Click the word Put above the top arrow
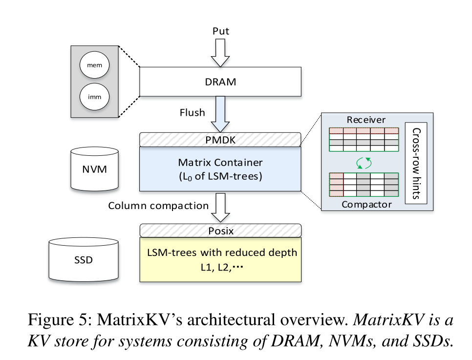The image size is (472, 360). tap(220, 31)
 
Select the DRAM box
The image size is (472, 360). tap(220, 82)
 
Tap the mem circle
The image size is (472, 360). tap(94, 65)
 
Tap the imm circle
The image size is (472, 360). tap(94, 97)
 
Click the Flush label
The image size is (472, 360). tap(193, 113)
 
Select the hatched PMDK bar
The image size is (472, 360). tap(220, 140)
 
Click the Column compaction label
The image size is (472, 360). tap(158, 206)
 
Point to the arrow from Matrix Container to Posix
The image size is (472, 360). tap(220, 207)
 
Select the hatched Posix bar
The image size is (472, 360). tap(220, 230)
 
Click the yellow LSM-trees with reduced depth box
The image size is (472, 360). tap(220, 259)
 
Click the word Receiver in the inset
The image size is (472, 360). tap(366, 120)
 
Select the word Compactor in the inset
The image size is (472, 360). tap(366, 204)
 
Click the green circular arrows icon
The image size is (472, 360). tap(365, 163)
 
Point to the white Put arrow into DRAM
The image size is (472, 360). tap(220, 52)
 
